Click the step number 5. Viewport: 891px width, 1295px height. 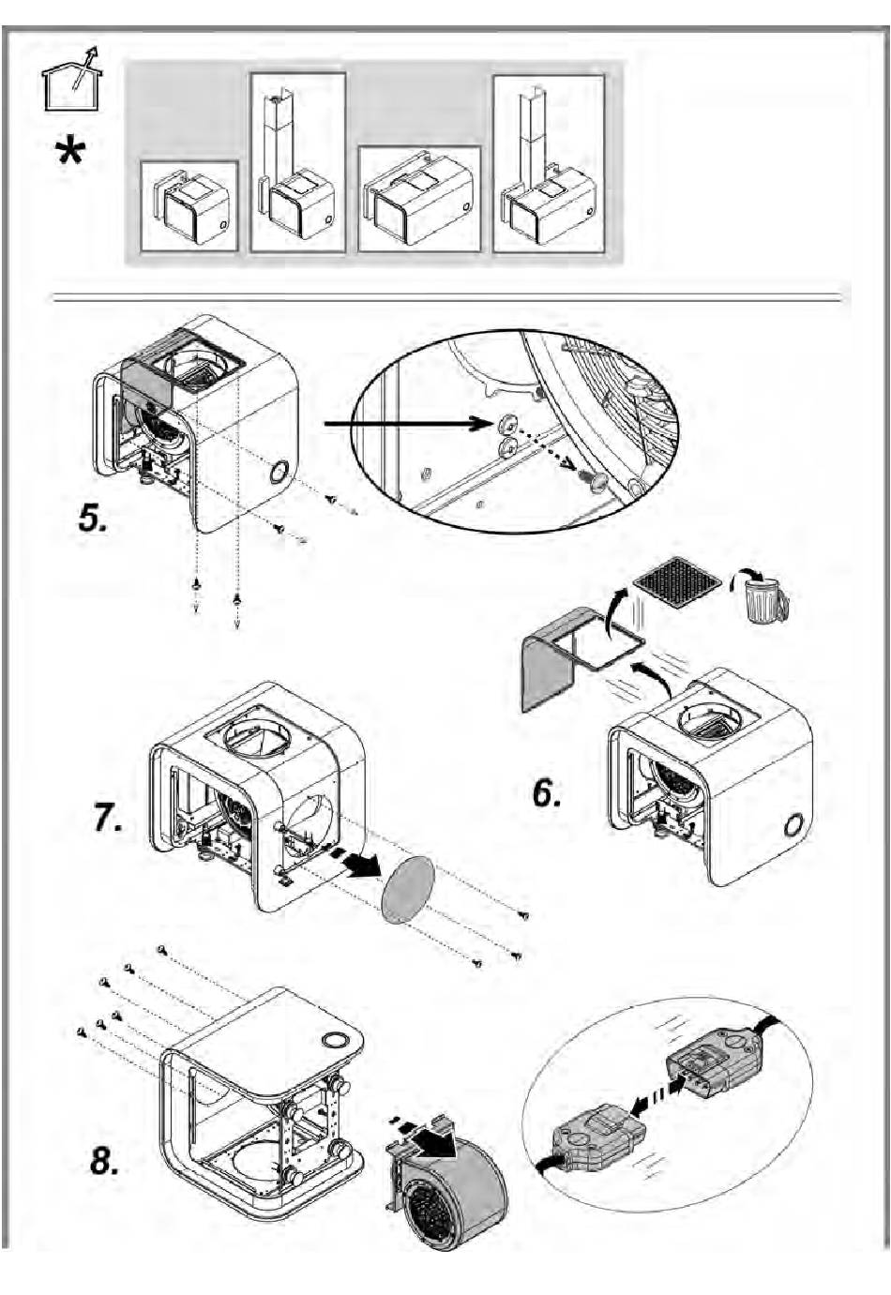point(92,517)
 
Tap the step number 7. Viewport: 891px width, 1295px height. point(107,818)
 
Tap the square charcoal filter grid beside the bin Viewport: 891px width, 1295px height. point(677,583)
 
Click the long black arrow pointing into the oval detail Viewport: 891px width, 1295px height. point(403,425)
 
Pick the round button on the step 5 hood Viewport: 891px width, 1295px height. point(279,472)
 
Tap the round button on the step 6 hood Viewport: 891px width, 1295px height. point(793,826)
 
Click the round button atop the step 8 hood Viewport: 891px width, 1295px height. point(333,1040)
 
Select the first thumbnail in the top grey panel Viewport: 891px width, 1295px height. point(189,205)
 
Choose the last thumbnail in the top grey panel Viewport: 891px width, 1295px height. point(548,164)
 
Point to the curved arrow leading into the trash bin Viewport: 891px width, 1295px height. point(747,570)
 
